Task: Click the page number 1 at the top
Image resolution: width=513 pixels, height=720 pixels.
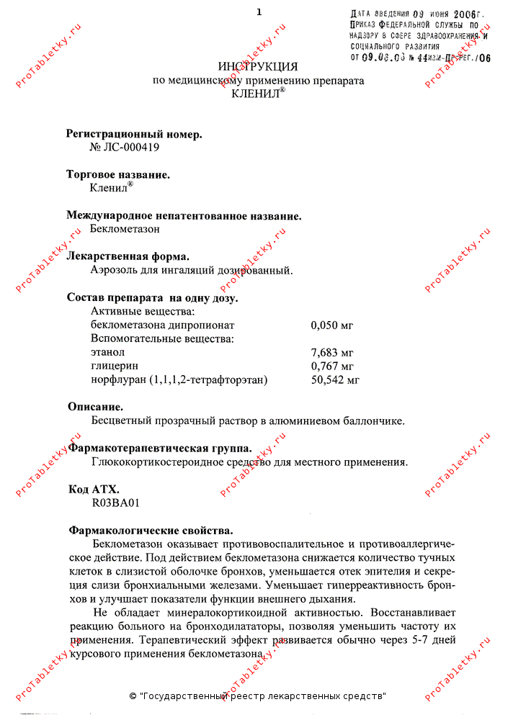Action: click(x=259, y=12)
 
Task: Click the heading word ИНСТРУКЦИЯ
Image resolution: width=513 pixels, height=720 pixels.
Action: click(x=257, y=66)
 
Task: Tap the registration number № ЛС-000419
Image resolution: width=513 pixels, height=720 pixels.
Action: click(x=124, y=147)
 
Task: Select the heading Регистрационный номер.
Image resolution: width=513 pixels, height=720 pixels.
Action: click(x=134, y=133)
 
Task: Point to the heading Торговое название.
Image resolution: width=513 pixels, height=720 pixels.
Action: click(x=118, y=174)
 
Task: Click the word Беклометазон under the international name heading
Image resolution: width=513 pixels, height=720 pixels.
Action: click(x=125, y=229)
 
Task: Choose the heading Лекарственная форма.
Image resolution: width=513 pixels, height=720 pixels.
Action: click(x=128, y=256)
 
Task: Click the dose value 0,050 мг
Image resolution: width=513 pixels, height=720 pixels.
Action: click(x=332, y=325)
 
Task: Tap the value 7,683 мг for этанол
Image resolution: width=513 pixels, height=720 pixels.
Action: click(x=332, y=352)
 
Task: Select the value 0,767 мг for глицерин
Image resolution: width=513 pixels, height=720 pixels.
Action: click(x=332, y=366)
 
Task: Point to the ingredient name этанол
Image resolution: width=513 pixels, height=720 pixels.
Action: click(x=108, y=352)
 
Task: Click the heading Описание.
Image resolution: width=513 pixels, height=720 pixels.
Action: click(x=95, y=407)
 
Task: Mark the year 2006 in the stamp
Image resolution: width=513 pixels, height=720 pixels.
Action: click(x=466, y=14)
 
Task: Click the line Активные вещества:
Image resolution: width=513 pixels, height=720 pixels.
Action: click(x=142, y=311)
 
